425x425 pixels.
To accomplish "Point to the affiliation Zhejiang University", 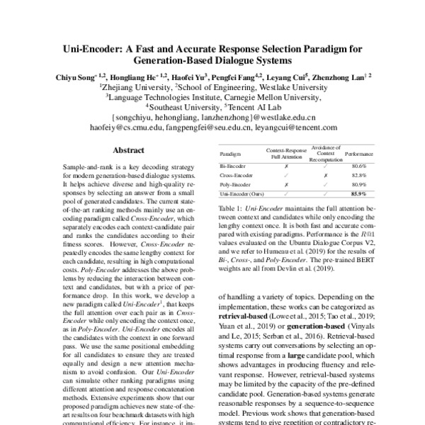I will pyautogui.click(x=136, y=87).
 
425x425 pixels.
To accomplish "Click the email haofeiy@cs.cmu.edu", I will pyautogui.click(x=131, y=130).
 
